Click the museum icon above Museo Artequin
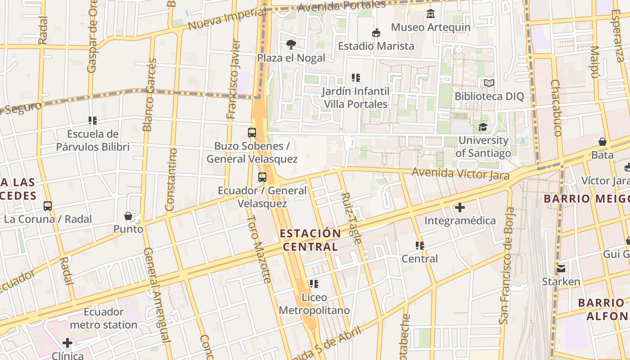[x=431, y=14]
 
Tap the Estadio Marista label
[x=376, y=46]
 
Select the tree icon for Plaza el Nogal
[x=291, y=44]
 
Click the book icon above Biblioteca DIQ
[x=489, y=83]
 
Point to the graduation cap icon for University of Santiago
[x=483, y=127]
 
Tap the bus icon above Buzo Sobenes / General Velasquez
[x=252, y=133]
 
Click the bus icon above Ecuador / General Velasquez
[x=262, y=177]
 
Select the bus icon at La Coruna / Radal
[x=48, y=206]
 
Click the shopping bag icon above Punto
[x=128, y=216]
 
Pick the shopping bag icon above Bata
[x=602, y=142]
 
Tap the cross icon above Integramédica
[x=459, y=207]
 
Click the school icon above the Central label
[x=419, y=246]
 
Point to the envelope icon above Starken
[x=561, y=269]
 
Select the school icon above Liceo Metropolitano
[x=314, y=284]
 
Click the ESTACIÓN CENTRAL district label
[x=310, y=240]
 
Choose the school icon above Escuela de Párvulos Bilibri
[x=93, y=121]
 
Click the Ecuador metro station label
[x=104, y=318]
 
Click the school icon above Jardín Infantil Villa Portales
[x=356, y=78]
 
